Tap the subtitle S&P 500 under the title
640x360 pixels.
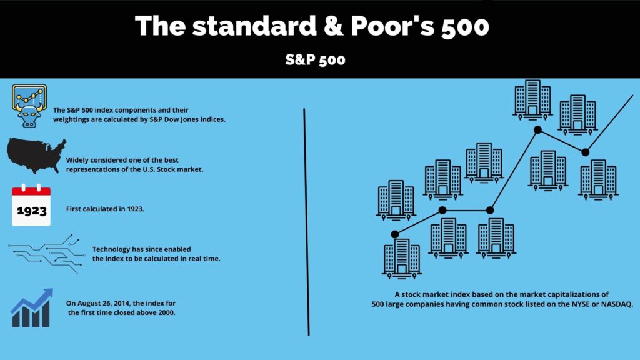click(315, 60)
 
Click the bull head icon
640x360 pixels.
click(29, 106)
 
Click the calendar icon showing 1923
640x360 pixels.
click(31, 205)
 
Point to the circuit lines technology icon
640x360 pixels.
click(46, 254)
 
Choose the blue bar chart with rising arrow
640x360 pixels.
click(32, 307)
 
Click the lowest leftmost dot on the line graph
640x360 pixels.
click(395, 234)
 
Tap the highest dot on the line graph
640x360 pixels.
click(537, 130)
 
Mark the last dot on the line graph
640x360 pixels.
click(585, 152)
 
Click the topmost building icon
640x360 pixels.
click(532, 100)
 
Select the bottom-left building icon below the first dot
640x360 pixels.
click(402, 259)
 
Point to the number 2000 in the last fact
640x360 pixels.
click(166, 312)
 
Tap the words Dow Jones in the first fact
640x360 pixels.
click(181, 119)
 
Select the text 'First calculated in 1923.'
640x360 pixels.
click(105, 209)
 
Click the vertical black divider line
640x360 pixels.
click(306, 222)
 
